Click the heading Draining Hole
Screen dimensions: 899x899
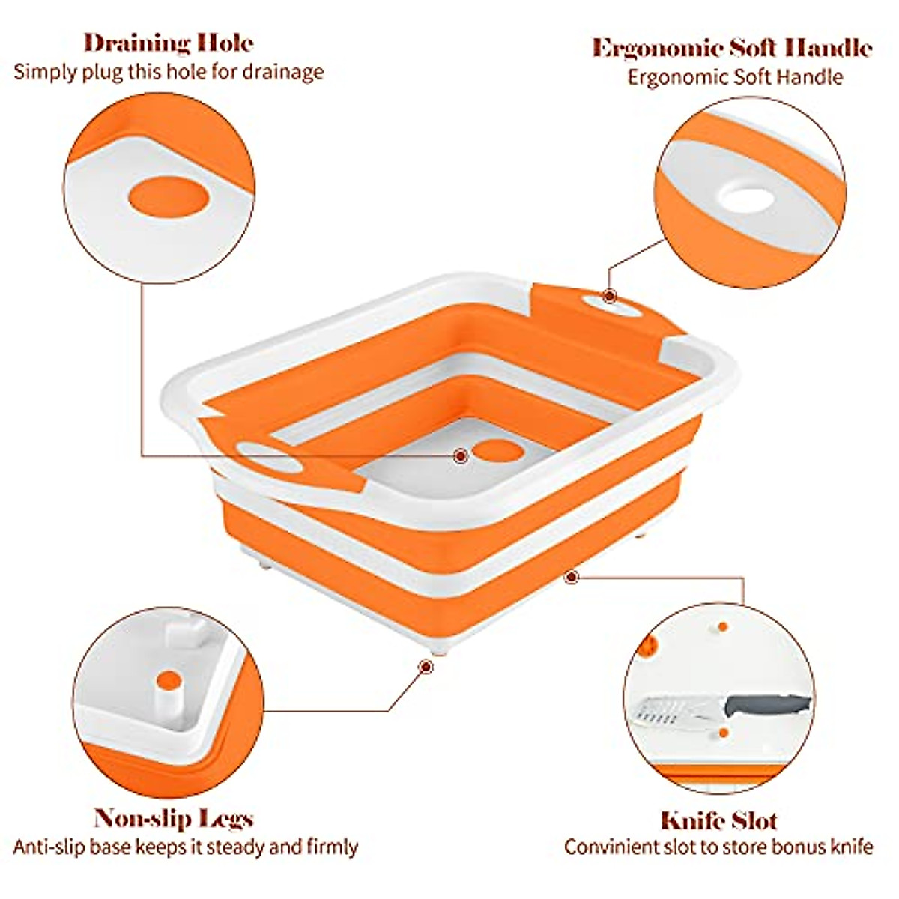point(168,43)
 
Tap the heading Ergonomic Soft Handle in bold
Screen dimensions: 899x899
point(732,48)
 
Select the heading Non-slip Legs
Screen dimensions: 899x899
point(173,818)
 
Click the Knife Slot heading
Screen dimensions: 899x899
point(718,820)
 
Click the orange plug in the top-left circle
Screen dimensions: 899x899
point(168,198)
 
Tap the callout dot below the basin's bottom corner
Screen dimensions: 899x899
point(426,665)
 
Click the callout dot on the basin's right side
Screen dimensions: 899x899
point(572,577)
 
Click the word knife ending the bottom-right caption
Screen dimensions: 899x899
point(855,847)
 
